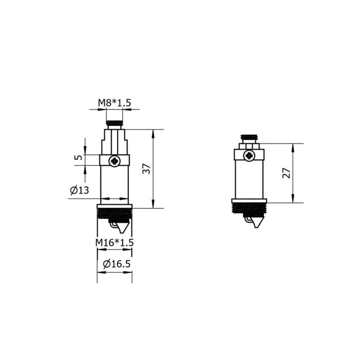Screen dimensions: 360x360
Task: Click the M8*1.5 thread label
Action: point(115,103)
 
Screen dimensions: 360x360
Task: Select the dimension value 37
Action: point(146,169)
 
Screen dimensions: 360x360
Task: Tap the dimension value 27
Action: point(286,173)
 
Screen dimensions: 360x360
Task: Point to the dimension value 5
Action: point(78,157)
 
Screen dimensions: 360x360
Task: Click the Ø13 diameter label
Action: point(79,190)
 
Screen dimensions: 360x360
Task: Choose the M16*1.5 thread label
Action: point(114,242)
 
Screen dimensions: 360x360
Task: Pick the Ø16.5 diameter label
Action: point(117,264)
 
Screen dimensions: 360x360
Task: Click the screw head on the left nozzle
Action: point(114,161)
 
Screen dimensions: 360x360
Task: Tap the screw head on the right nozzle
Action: point(248,156)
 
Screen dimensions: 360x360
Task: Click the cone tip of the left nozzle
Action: point(123,232)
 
